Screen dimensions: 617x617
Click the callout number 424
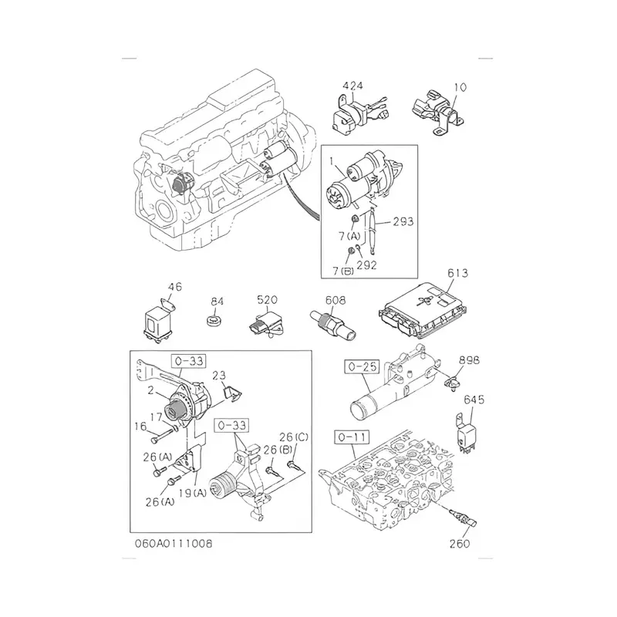coord(353,87)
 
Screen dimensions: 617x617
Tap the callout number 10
coord(460,87)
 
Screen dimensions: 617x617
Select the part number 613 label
coord(457,274)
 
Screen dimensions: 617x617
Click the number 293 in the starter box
coord(403,221)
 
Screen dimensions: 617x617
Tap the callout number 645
coord(474,399)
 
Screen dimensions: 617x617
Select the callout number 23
coord(218,376)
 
